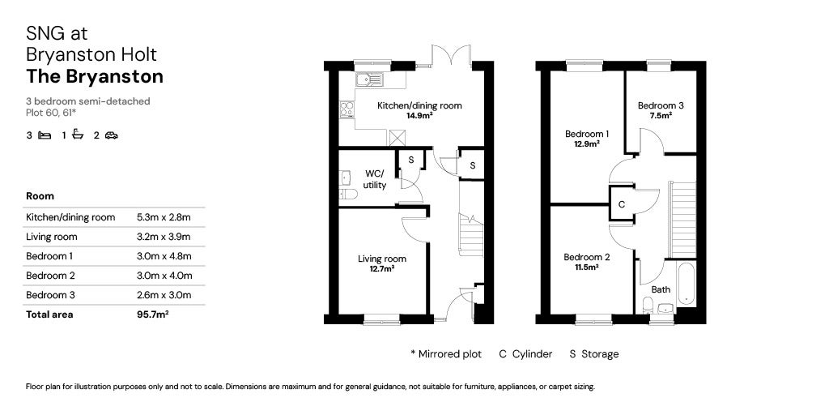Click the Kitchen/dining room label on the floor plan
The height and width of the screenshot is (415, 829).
click(419, 105)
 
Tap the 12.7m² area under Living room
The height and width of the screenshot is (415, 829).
click(382, 268)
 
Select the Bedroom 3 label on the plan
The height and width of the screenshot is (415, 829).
click(661, 105)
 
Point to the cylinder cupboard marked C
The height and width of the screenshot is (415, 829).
click(622, 203)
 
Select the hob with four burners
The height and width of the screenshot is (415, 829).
click(346, 109)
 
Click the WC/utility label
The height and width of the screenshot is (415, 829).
click(375, 179)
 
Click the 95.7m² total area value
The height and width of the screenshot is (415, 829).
click(153, 314)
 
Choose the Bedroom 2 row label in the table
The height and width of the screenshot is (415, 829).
click(50, 276)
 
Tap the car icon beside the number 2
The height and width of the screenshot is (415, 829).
click(111, 135)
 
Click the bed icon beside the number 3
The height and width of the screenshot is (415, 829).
click(45, 135)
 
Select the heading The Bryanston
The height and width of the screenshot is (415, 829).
click(95, 77)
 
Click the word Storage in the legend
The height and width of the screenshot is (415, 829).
click(600, 354)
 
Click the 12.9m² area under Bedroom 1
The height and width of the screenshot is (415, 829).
click(586, 143)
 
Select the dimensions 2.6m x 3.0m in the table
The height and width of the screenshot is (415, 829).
click(164, 295)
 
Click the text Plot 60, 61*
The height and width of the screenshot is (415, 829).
click(51, 112)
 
